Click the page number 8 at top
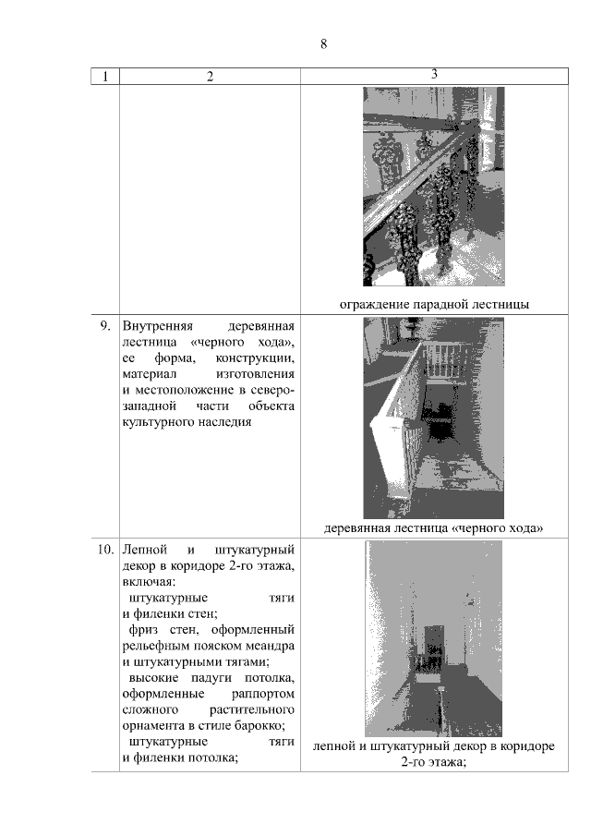point(323,44)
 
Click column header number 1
point(105,77)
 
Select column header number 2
point(210,77)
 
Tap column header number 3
point(434,74)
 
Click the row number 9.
point(105,326)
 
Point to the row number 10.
point(105,550)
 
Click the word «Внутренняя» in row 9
point(158,326)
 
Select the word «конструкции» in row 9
point(255,358)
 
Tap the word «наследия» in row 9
point(224,422)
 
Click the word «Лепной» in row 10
point(145,550)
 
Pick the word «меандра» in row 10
point(270,647)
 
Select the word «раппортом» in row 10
point(263,694)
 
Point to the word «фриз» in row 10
point(143,630)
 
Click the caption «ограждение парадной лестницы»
point(434,305)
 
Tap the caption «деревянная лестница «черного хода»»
point(434,528)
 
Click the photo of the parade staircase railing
point(434,187)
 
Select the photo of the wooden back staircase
point(434,418)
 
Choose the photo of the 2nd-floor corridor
point(434,638)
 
